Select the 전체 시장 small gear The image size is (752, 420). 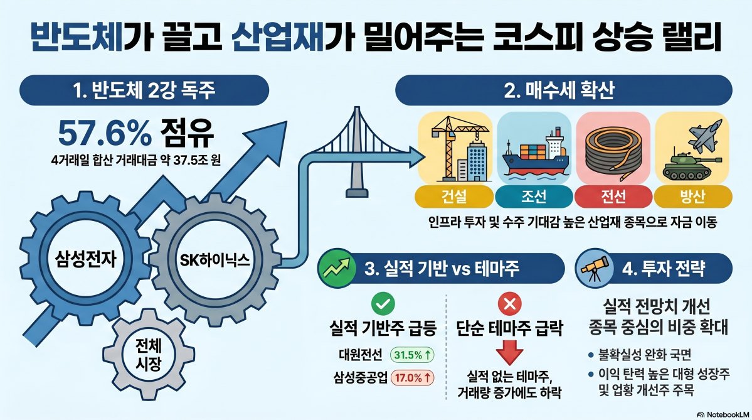pyautogui.click(x=146, y=355)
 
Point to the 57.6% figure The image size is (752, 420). pyautogui.click(x=104, y=132)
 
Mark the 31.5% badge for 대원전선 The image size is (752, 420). pyautogui.click(x=411, y=355)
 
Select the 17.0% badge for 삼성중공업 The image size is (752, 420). pyautogui.click(x=411, y=378)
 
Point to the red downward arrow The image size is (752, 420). pyautogui.click(x=509, y=351)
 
